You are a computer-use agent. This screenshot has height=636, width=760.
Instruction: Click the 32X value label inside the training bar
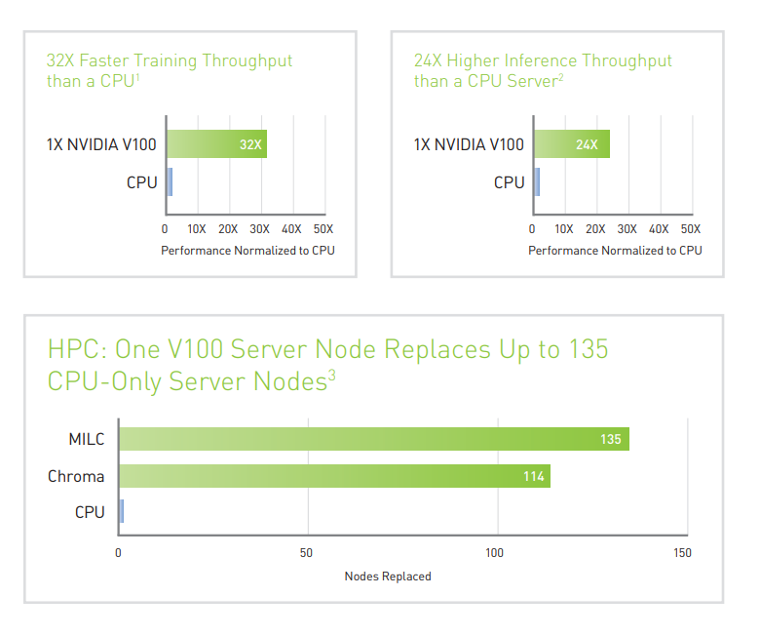(x=250, y=144)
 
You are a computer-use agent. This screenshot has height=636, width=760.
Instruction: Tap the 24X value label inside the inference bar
(x=587, y=144)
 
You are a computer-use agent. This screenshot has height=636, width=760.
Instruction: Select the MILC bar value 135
(x=610, y=439)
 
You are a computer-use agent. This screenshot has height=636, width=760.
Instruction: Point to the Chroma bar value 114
(x=532, y=477)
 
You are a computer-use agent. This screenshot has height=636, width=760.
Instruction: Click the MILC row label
(x=87, y=439)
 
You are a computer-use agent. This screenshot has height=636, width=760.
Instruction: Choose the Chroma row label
(x=76, y=477)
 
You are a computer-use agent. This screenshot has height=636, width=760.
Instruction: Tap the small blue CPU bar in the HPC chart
(x=121, y=511)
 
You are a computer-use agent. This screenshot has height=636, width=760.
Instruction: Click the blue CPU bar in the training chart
(x=170, y=181)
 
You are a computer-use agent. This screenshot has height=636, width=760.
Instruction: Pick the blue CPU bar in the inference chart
(x=536, y=181)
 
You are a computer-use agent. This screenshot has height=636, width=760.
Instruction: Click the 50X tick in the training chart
(x=323, y=229)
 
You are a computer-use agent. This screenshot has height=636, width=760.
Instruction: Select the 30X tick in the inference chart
(x=627, y=229)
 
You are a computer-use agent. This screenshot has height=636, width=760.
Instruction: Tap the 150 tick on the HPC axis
(x=682, y=553)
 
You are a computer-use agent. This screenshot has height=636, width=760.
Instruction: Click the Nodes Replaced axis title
(x=388, y=576)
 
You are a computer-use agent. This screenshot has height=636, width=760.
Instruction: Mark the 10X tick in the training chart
(x=196, y=229)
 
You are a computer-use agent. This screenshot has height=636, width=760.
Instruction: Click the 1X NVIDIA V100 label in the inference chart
(x=469, y=144)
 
